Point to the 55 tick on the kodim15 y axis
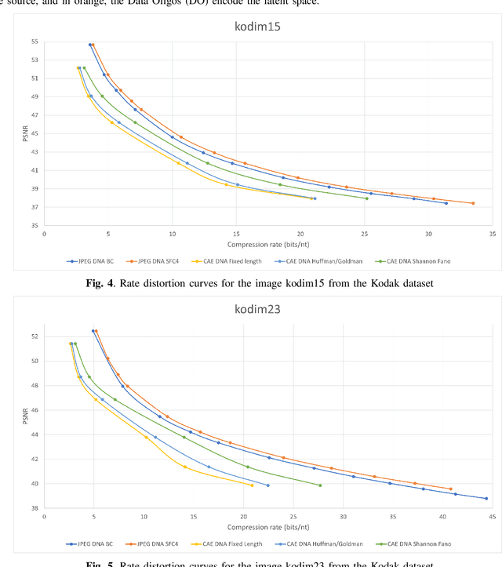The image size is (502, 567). pos(35,42)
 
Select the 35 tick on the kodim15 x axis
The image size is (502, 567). pos(493,234)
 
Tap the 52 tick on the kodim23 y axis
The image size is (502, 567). pos(35,336)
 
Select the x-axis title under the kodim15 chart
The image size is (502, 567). pos(267,242)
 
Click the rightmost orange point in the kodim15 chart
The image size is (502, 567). pos(472,203)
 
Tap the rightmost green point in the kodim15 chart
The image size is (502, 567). pos(366,198)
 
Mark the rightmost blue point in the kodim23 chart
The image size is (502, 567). pos(486,499)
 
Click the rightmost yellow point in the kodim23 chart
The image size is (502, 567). pos(252,485)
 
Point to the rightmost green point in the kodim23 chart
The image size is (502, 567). pos(320,485)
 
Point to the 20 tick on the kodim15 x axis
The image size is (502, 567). pos(300,234)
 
